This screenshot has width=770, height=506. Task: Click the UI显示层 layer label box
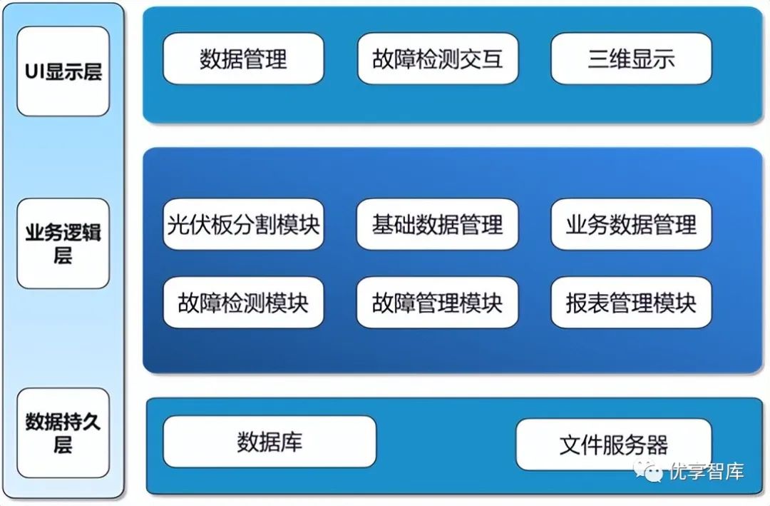63,71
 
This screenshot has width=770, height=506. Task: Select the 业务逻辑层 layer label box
63,243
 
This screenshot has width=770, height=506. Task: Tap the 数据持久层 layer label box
63,432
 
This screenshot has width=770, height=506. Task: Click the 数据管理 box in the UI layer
243,59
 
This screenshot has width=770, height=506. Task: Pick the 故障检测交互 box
437,59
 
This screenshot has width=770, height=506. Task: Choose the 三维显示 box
631,59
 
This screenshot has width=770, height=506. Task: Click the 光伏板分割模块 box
243,224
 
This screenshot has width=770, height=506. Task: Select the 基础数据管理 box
437,224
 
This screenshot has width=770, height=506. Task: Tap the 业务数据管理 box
631,224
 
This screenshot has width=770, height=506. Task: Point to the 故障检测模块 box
243,303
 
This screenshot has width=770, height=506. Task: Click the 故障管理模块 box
437,303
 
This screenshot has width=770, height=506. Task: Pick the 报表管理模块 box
631,303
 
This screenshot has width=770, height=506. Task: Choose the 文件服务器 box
613,445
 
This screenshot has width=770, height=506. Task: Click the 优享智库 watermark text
707,472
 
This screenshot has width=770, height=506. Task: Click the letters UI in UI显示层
34,71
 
